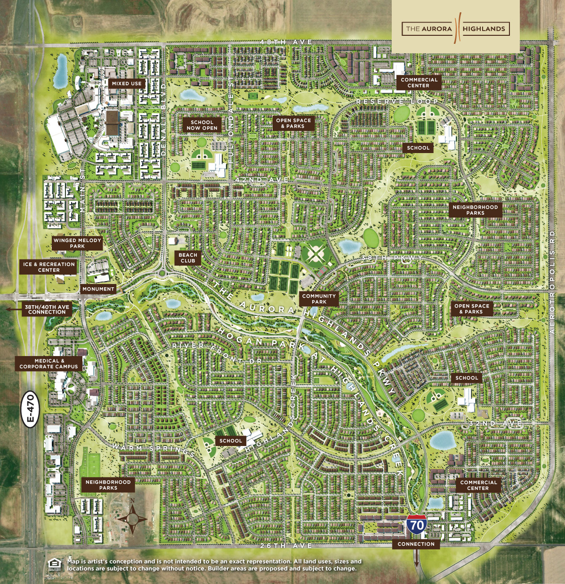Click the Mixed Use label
point(127,83)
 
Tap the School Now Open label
point(202,125)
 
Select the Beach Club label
point(188,258)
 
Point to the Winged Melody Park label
point(77,243)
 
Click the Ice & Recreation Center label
point(49,267)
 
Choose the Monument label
point(98,289)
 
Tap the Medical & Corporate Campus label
point(49,364)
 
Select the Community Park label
point(319,299)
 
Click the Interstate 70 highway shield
point(417,524)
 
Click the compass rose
point(133,518)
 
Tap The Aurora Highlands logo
point(455,29)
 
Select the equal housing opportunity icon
point(55,564)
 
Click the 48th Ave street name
point(286,42)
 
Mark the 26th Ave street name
point(286,545)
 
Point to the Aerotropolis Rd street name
point(553,282)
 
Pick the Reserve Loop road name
point(397,102)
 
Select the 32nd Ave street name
point(496,423)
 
